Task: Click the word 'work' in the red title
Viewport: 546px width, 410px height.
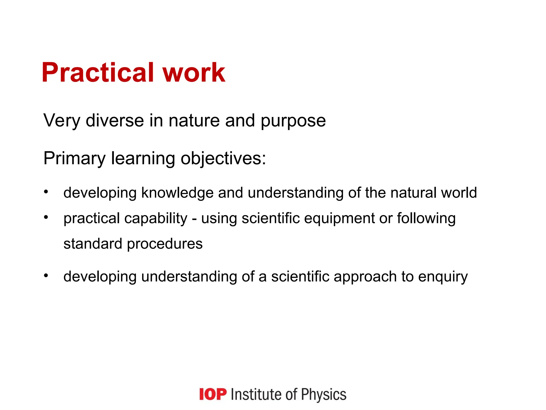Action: [194, 73]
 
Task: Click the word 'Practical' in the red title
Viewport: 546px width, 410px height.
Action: [98, 73]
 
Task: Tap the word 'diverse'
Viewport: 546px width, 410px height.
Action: [115, 121]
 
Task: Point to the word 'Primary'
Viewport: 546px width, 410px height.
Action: [74, 159]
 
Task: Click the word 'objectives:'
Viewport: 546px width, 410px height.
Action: [223, 159]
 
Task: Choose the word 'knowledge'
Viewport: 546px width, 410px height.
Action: [177, 193]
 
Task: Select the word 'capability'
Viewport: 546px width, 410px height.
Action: [156, 219]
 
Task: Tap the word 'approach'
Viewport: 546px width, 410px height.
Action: [365, 277]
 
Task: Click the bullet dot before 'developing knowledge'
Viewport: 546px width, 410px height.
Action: [46, 192]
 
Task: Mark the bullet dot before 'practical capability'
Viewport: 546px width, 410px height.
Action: [46, 218]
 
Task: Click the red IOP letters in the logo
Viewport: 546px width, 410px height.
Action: [213, 394]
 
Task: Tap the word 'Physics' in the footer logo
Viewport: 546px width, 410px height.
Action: [324, 395]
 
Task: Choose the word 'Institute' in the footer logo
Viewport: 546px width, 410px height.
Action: [256, 394]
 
